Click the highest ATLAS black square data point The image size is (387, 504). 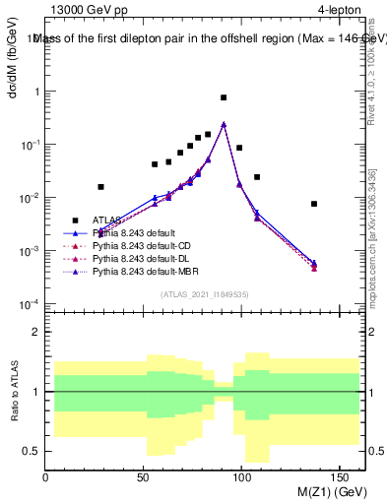point(224,97)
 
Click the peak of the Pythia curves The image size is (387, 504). point(224,124)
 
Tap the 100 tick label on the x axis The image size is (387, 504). point(242,477)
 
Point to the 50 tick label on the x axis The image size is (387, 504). point(144,477)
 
